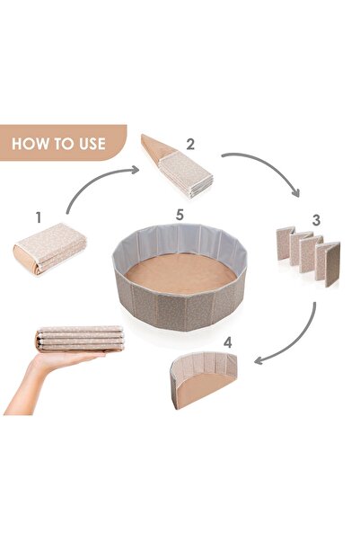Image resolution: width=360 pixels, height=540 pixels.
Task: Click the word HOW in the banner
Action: (29, 144)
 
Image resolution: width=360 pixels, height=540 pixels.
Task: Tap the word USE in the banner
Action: (92, 144)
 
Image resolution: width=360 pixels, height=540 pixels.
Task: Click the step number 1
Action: (39, 217)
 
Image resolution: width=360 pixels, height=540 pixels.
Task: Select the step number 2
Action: (190, 145)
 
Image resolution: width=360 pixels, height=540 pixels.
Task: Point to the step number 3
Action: (316, 220)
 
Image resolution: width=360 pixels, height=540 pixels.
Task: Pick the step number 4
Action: (227, 342)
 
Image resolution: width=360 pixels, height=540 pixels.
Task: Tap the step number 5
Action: (180, 215)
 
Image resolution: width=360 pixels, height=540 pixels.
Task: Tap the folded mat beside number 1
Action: (50, 248)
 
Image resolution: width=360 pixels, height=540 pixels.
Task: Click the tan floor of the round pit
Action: (180, 273)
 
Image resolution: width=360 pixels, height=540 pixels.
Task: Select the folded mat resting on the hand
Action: (80, 339)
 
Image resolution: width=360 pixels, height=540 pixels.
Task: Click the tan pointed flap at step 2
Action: (155, 147)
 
